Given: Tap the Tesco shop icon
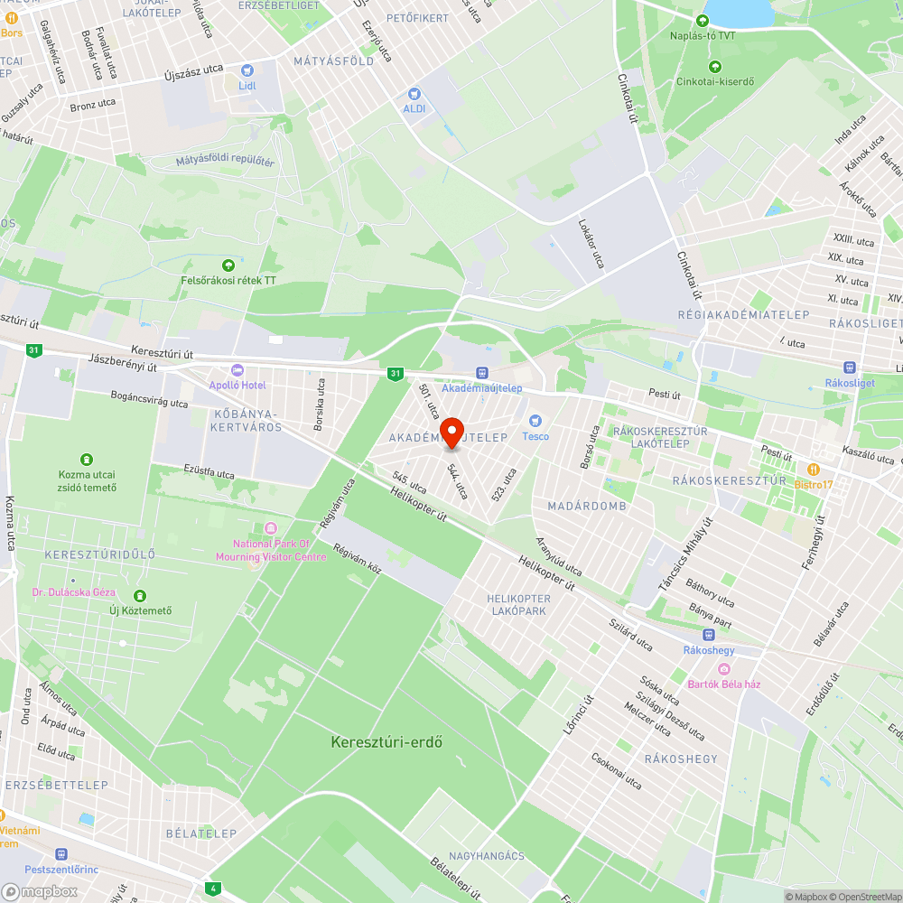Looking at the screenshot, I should pyautogui.click(x=535, y=421).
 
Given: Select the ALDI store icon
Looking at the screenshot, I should pyautogui.click(x=414, y=93).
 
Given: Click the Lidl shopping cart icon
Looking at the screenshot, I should pyautogui.click(x=247, y=70).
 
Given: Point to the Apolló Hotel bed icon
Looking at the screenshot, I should pyautogui.click(x=237, y=370).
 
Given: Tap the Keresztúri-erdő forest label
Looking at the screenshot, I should pyautogui.click(x=386, y=742).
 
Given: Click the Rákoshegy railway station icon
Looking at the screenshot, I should pyautogui.click(x=708, y=634).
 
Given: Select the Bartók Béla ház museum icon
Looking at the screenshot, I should pyautogui.click(x=724, y=668).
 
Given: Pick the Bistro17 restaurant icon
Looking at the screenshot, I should pyautogui.click(x=814, y=470).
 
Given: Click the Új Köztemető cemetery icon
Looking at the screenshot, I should pyautogui.click(x=140, y=596).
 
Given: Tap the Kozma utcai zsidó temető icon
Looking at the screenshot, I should pyautogui.click(x=88, y=460).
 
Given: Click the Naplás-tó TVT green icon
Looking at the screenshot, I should pyautogui.click(x=703, y=21).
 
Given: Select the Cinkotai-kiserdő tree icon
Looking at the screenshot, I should pyautogui.click(x=715, y=66).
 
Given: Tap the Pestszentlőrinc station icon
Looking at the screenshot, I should pyautogui.click(x=61, y=853).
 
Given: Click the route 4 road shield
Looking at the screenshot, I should pyautogui.click(x=212, y=889).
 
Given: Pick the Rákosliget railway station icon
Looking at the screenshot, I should pyautogui.click(x=849, y=368).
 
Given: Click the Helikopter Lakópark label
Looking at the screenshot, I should pyautogui.click(x=518, y=605).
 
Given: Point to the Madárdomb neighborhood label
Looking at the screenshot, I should pyautogui.click(x=586, y=506).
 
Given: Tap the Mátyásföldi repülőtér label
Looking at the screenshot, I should pyautogui.click(x=225, y=162).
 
